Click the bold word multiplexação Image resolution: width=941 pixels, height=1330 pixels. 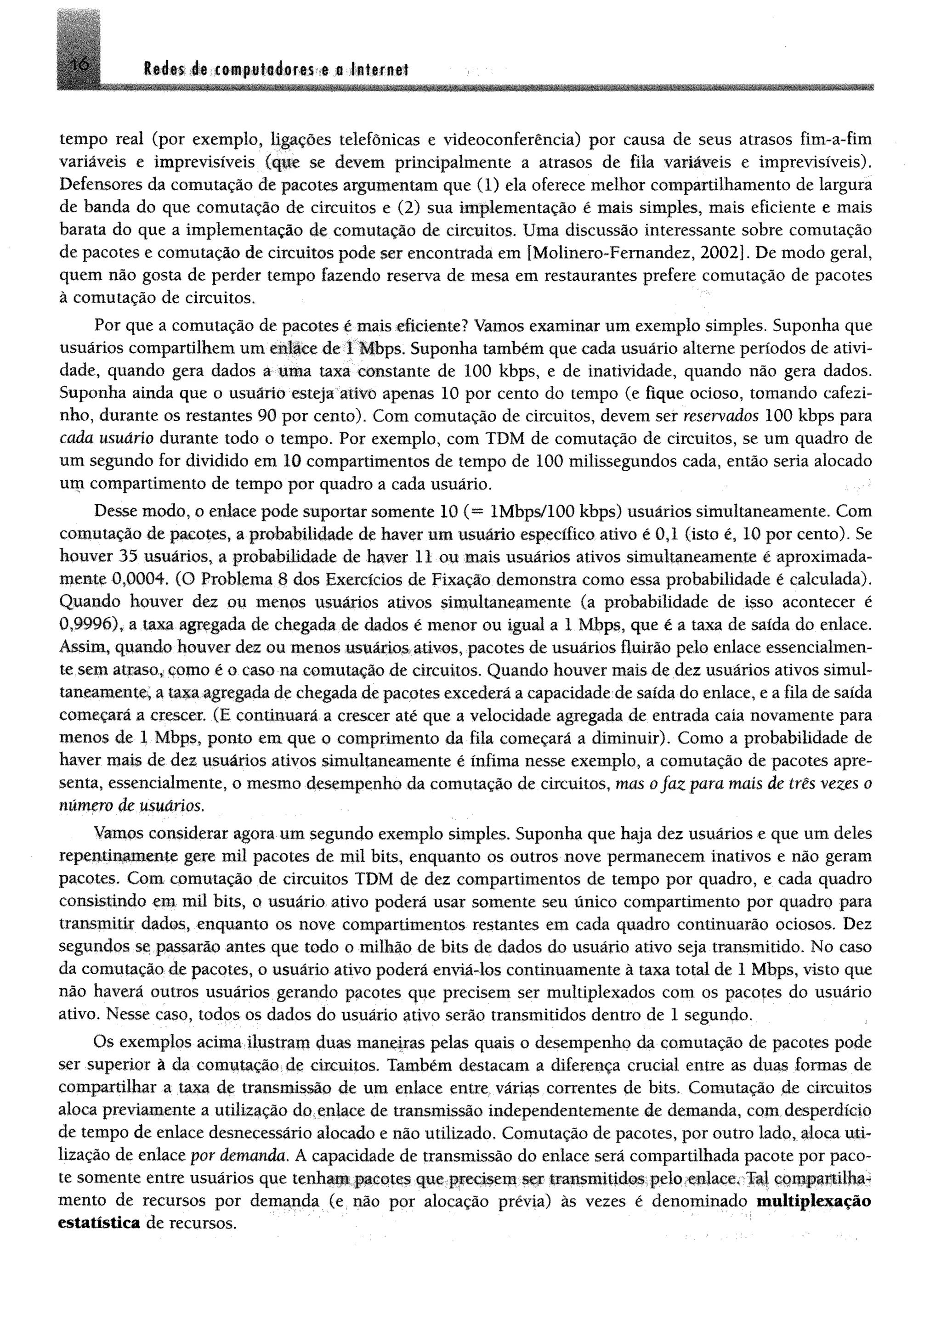(x=814, y=1201)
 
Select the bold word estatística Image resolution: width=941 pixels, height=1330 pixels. (x=99, y=1223)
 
